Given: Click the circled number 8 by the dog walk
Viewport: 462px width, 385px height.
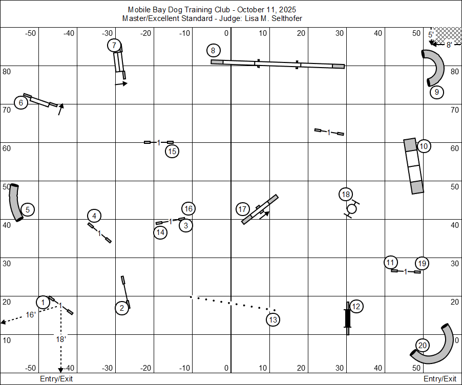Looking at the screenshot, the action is tap(213, 50).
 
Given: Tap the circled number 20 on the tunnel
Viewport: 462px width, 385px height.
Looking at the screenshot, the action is tap(422, 345).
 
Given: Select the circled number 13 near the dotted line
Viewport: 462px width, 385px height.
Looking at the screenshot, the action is tap(273, 319).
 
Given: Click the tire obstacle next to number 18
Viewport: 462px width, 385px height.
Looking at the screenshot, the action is tap(351, 208).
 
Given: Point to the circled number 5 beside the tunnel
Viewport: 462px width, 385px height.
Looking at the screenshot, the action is tap(28, 209).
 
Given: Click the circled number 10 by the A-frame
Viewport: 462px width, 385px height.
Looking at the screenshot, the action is tap(424, 146).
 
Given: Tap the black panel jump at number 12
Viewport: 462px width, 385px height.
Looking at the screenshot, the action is tap(348, 318).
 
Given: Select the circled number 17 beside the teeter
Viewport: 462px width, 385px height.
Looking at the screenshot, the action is tap(243, 209).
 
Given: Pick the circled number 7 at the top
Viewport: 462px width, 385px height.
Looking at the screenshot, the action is tap(114, 46).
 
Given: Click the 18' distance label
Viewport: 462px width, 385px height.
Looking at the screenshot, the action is tap(61, 338).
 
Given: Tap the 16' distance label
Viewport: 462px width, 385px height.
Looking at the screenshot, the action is tap(31, 314).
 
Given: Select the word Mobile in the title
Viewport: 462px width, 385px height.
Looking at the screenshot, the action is tap(139, 10).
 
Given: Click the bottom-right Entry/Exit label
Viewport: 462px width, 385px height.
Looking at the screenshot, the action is tap(439, 379).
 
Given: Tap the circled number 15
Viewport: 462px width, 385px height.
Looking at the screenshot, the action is tap(172, 151).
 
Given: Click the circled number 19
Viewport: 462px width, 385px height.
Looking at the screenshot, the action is tap(422, 263).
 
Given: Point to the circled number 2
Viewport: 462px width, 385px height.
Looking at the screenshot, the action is tap(122, 308).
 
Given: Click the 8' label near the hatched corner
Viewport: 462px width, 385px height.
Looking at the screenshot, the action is tap(449, 45).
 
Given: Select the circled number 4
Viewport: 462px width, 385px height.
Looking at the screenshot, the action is tap(94, 216).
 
